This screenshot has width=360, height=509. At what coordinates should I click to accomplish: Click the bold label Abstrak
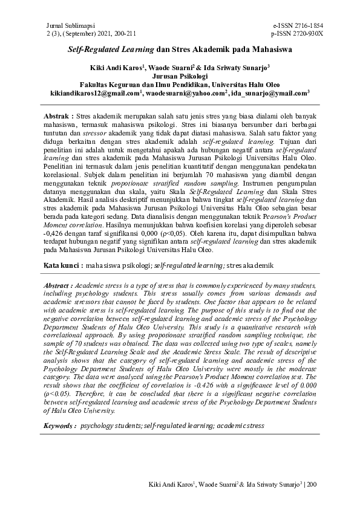point(59,115)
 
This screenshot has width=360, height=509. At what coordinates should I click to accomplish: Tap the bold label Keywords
point(59,426)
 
